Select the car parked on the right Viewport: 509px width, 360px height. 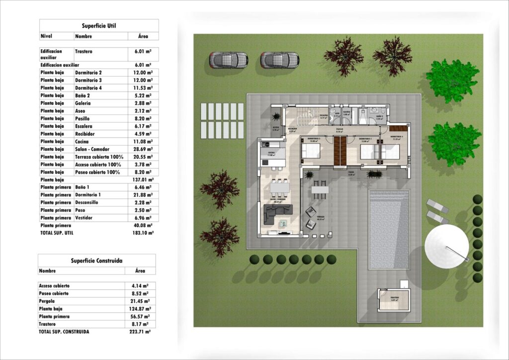click(279, 60)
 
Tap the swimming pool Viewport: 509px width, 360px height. click(389, 229)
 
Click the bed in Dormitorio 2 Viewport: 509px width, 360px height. click(369, 151)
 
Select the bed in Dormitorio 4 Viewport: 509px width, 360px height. click(391, 151)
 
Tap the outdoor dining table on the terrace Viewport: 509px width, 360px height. click(321, 189)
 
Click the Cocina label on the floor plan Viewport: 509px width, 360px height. click(272, 153)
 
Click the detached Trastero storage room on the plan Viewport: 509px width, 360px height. click(394, 300)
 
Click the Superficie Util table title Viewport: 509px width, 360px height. click(99, 25)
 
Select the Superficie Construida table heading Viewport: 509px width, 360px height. click(96, 261)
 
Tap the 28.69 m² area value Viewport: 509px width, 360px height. click(143, 149)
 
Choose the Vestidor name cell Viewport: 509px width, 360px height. click(85, 218)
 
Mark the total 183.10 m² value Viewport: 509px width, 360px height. click(143, 232)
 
